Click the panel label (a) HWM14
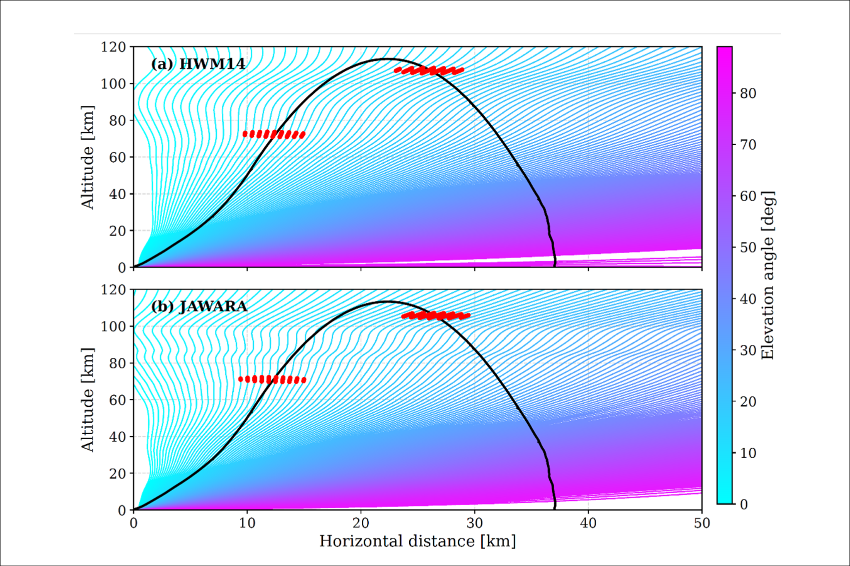pos(198,64)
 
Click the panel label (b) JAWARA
pos(199,306)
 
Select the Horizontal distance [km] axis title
pos(417,541)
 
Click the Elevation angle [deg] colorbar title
pos(767,275)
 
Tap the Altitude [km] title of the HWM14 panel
pos(87,157)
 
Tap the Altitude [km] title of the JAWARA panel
pos(87,399)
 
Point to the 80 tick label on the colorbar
pos(748,93)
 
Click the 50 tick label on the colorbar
pos(748,248)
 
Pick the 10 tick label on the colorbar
pos(748,453)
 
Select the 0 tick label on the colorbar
pos(744,505)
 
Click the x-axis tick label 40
pos(588,523)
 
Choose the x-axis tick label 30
pos(474,523)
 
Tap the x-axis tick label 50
pos(702,523)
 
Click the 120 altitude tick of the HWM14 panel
pos(113,47)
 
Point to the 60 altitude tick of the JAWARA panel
pos(117,400)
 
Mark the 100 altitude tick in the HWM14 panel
pos(113,84)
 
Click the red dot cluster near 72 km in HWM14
pos(274,134)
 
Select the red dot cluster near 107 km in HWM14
pos(429,70)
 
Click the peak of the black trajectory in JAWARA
pos(386,301)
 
